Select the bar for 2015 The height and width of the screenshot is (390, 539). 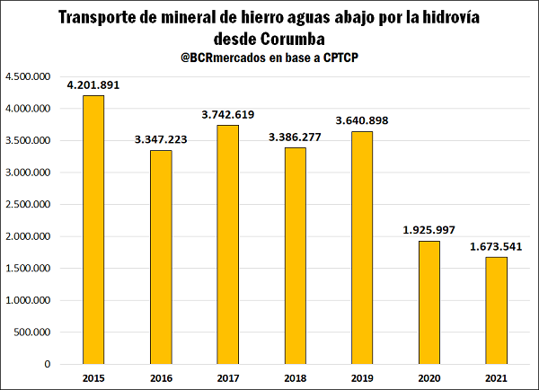pyautogui.click(x=93, y=229)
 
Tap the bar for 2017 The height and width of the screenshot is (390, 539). pyautogui.click(x=227, y=244)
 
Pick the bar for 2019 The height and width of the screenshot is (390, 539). pyautogui.click(x=362, y=247)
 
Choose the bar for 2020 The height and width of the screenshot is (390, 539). pyautogui.click(x=429, y=302)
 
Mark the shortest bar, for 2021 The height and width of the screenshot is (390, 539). pyautogui.click(x=497, y=310)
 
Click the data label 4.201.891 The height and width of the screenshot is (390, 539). pyautogui.click(x=93, y=85)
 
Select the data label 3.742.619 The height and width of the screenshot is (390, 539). pyautogui.click(x=227, y=115)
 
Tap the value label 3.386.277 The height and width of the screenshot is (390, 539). pyautogui.click(x=295, y=137)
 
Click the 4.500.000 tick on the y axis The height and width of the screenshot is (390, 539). pyautogui.click(x=30, y=77)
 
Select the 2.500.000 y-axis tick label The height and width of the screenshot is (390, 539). pyautogui.click(x=30, y=205)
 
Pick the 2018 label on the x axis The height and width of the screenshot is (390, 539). pyautogui.click(x=295, y=378)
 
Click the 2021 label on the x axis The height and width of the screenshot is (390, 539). pyautogui.click(x=497, y=378)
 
